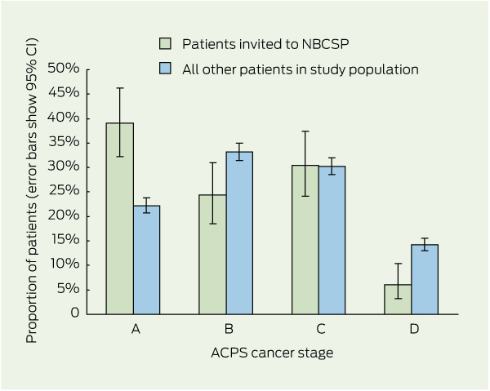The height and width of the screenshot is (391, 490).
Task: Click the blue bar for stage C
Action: point(332,240)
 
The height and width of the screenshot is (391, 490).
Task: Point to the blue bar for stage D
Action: point(425,278)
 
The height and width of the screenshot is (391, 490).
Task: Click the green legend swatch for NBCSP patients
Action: point(165,43)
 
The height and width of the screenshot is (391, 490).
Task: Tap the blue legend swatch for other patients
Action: point(165,69)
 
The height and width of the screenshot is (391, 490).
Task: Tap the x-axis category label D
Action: point(414,329)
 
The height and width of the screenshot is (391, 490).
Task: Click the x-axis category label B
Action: point(229,329)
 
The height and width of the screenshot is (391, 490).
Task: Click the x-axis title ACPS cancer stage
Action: point(274,353)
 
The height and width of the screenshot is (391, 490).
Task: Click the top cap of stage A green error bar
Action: point(120,88)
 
